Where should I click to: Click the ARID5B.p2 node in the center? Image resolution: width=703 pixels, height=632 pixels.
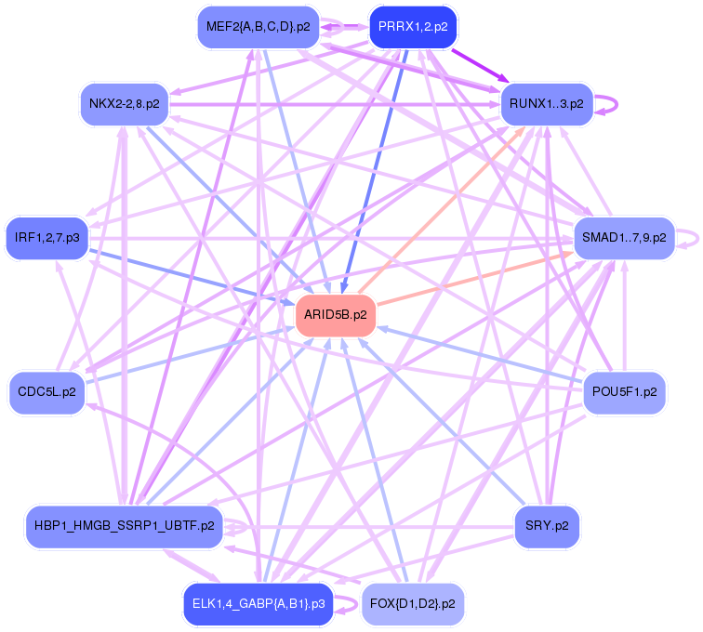point(336,315)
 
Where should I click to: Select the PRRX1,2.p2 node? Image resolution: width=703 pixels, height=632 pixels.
point(413,27)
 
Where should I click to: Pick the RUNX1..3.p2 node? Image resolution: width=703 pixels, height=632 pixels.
point(547,103)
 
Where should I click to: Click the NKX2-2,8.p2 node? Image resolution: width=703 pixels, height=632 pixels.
point(125,103)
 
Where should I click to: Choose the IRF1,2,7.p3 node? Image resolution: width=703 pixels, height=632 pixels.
point(47,238)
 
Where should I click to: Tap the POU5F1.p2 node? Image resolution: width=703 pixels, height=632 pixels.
point(624,391)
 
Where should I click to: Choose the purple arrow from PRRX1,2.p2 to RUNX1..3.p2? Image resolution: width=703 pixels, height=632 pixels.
point(480,65)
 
